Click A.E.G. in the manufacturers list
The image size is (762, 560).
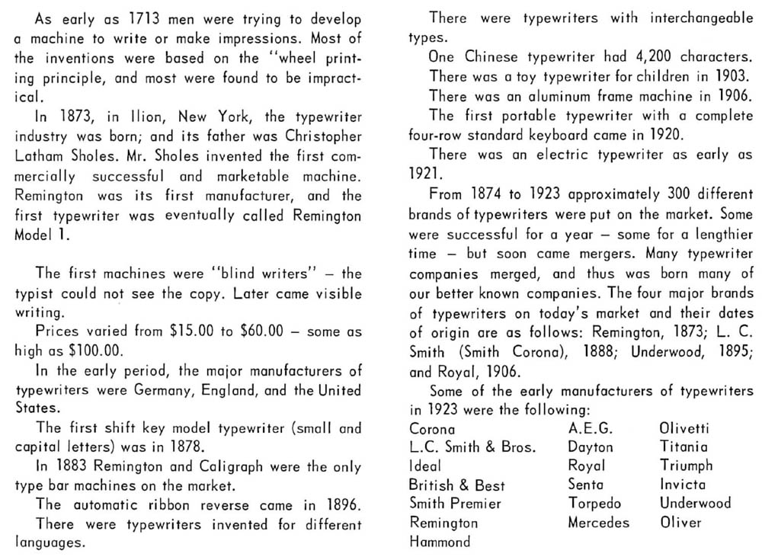[591, 428]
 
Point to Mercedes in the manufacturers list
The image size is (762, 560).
[598, 523]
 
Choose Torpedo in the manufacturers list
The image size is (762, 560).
[595, 504]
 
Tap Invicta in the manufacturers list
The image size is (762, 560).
[683, 485]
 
